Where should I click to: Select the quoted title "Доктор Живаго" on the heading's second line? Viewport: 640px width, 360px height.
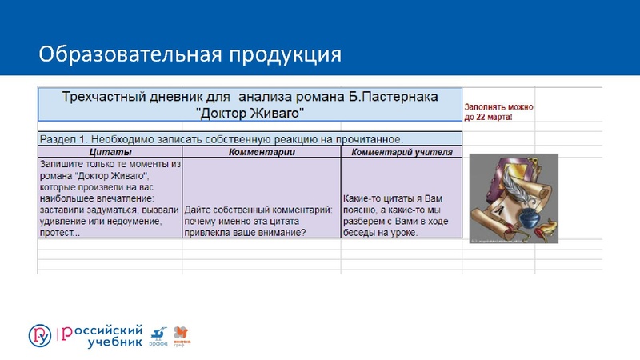[250, 112]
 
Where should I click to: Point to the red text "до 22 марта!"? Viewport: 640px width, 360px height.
[489, 117]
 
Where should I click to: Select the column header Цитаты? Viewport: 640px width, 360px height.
[110, 152]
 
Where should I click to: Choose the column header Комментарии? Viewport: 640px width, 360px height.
[262, 152]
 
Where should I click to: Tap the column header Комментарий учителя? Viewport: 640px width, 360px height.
[402, 152]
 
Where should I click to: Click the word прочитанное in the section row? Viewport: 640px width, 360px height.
[369, 138]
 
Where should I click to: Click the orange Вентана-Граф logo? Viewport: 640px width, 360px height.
[183, 334]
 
